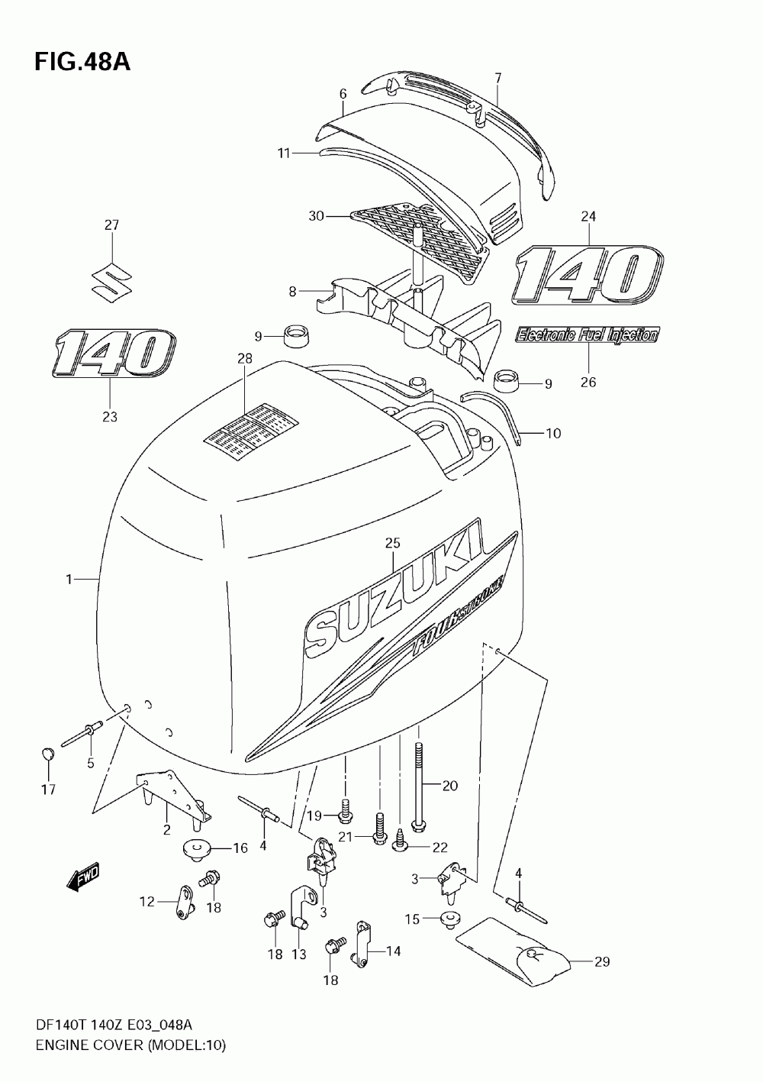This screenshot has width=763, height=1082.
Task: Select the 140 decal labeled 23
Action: click(114, 354)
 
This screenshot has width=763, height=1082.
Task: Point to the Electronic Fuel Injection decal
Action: click(588, 334)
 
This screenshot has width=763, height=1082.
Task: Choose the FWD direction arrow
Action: click(83, 879)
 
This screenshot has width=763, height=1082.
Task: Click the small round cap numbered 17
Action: click(47, 754)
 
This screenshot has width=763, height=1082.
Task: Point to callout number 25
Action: click(392, 544)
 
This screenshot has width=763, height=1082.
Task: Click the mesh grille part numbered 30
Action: click(418, 234)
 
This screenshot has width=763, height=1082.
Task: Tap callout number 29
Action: click(602, 962)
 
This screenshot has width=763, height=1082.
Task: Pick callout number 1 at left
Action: click(69, 580)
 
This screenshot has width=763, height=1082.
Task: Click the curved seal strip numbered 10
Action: click(500, 412)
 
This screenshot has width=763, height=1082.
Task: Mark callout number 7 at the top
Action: click(497, 78)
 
